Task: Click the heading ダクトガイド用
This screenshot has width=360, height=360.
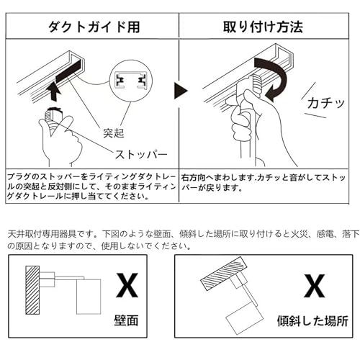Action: [x=91, y=27]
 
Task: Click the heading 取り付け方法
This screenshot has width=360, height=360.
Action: [x=267, y=27]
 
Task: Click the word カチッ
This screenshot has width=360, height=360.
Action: [x=326, y=102]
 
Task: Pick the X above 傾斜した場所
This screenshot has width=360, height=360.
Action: [x=312, y=287]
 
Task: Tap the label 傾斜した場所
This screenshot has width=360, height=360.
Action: [x=312, y=319]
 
